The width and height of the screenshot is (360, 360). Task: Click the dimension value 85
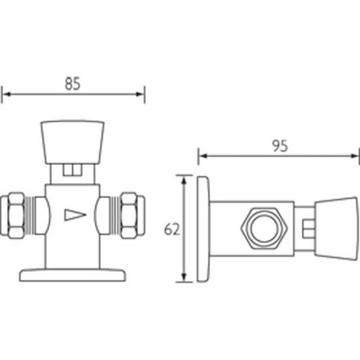(73, 84)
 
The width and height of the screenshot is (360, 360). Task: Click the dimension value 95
(280, 146)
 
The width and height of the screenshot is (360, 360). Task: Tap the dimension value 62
(172, 229)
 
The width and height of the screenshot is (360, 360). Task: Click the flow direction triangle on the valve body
(75, 215)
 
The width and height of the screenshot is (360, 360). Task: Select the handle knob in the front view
(73, 142)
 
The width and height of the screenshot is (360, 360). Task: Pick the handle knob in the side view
(336, 229)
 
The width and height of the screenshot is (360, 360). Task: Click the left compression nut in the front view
(12, 215)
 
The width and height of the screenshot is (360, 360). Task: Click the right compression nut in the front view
(133, 215)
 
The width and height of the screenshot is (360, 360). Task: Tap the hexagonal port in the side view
(264, 228)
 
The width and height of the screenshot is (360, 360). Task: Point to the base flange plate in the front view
(73, 275)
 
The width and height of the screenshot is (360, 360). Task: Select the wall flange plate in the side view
(203, 229)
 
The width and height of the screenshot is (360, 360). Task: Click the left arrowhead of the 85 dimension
(7, 94)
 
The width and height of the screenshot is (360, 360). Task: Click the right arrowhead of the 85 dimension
(140, 94)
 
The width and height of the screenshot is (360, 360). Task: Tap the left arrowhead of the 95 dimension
(203, 156)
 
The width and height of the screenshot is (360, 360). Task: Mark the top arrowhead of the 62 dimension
(184, 180)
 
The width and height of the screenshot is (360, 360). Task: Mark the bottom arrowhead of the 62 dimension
(184, 278)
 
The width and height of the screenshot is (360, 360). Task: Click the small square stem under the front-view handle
(73, 170)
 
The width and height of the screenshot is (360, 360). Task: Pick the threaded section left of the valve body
(30, 215)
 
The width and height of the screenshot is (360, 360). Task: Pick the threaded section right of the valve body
(115, 215)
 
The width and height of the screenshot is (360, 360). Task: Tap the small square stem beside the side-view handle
(309, 229)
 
